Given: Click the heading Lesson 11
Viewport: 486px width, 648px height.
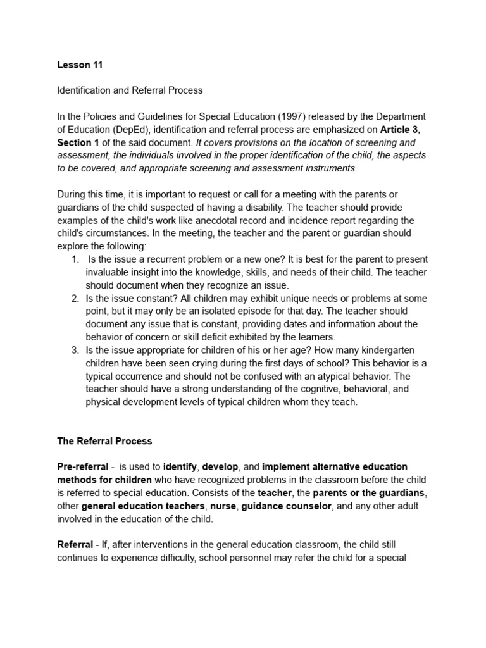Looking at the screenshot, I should coord(80,65).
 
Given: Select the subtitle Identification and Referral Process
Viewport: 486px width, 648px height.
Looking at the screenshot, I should coord(130,90).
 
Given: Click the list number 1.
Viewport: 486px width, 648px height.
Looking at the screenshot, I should coord(75,259).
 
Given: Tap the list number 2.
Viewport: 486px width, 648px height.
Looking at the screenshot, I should coord(75,298).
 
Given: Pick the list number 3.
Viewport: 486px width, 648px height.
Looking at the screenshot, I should coord(75,350).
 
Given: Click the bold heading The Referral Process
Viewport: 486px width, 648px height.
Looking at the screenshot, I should coord(104,440).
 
